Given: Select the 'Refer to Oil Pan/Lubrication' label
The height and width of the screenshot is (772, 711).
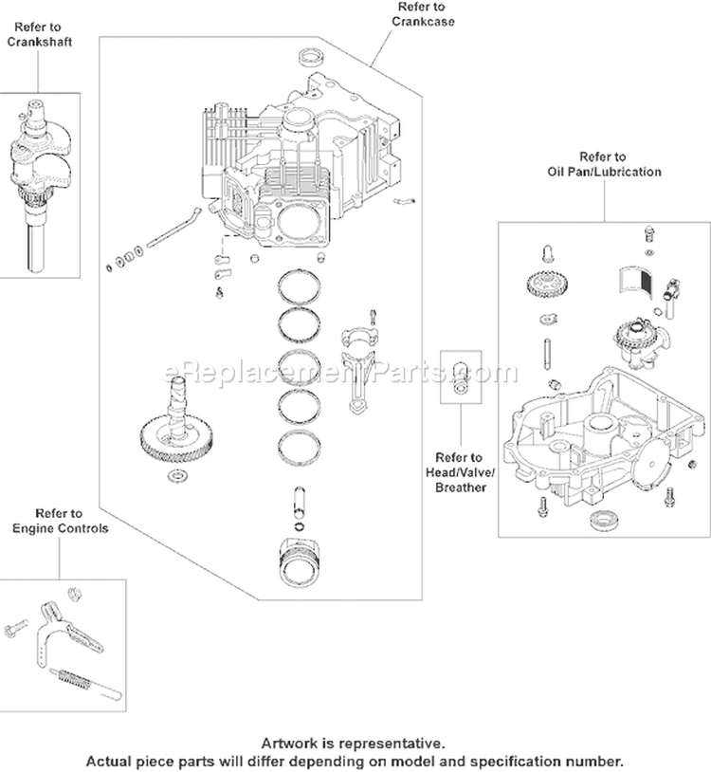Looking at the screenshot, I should coord(603,164).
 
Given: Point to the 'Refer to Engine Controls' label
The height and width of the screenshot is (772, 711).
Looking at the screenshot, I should coord(59,521).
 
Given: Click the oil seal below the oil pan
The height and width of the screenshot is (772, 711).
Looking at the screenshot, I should coord(600,519).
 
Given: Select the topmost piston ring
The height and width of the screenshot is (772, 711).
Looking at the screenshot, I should coord(299,284).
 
